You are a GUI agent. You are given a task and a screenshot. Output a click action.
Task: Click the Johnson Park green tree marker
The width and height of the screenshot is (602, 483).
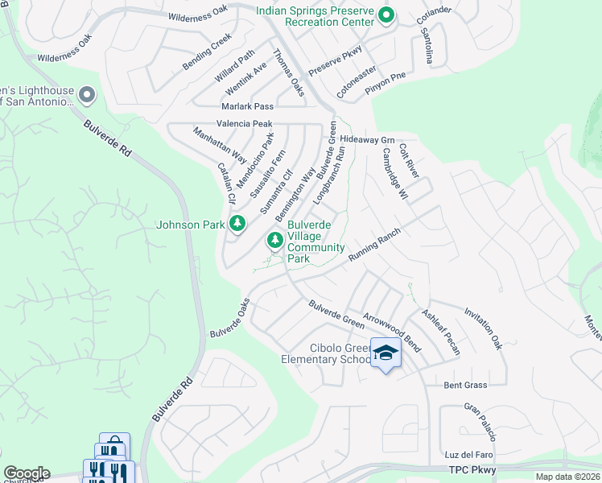(x=237, y=224)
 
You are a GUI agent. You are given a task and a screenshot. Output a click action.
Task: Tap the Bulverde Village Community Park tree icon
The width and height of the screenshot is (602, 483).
(x=275, y=240)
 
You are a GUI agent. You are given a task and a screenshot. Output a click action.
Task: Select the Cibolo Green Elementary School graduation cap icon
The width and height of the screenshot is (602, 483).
(x=386, y=353)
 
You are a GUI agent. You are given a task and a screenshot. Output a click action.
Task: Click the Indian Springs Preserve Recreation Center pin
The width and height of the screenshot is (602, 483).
(x=386, y=15)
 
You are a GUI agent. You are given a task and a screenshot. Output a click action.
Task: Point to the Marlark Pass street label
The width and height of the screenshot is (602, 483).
(x=248, y=106)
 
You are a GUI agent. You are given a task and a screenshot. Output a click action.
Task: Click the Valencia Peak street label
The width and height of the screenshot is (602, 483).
(x=244, y=124)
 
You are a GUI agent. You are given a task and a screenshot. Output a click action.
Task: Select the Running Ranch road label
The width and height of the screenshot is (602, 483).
(x=374, y=244)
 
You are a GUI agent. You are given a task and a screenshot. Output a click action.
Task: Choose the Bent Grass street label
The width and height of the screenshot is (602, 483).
(x=465, y=386)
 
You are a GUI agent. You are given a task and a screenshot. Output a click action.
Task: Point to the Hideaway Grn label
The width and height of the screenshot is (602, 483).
(x=366, y=139)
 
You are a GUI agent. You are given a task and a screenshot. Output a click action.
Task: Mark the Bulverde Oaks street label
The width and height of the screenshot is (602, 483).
(x=230, y=319)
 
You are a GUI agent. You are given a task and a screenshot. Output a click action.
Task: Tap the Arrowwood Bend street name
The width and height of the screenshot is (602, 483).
(x=392, y=327)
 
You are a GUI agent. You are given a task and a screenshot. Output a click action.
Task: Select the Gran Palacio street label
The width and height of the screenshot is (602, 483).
(x=480, y=422)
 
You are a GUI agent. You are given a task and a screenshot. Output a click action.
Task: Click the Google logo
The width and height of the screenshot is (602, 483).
(x=27, y=473)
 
